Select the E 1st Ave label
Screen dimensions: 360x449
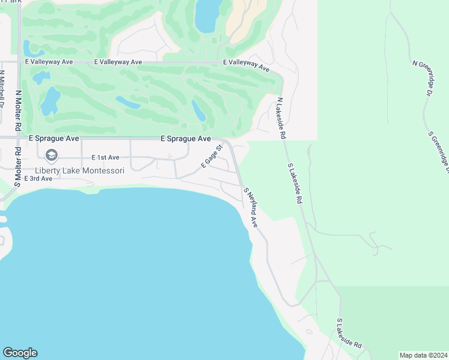point(106,157)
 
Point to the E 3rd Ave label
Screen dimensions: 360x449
point(38,179)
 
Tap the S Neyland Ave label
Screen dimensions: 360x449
point(250,207)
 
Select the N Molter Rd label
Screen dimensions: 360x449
point(19,112)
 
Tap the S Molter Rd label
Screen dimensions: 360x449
point(18,166)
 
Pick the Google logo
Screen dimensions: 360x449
point(20,353)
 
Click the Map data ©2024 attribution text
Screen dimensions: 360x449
point(423,355)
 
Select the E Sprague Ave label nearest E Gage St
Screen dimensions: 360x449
point(185,138)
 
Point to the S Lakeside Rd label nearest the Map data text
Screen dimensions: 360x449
point(349,334)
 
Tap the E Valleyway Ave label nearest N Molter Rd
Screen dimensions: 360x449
point(49,62)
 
